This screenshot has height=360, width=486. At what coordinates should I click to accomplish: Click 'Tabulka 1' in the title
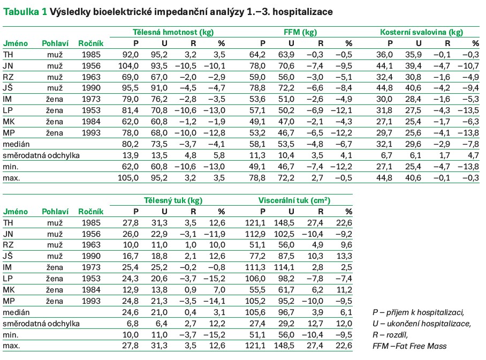point(25,12)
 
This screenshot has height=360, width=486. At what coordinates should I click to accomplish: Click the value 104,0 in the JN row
point(128,66)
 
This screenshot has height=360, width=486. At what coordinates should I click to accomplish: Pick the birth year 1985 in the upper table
point(90,55)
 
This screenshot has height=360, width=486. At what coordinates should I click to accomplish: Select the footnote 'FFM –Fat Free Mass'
point(409,346)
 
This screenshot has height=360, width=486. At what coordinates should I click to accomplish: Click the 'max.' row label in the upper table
point(12,178)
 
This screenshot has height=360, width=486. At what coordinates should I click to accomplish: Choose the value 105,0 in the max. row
point(128,178)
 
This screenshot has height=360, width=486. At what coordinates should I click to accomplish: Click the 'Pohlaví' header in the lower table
point(52,212)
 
